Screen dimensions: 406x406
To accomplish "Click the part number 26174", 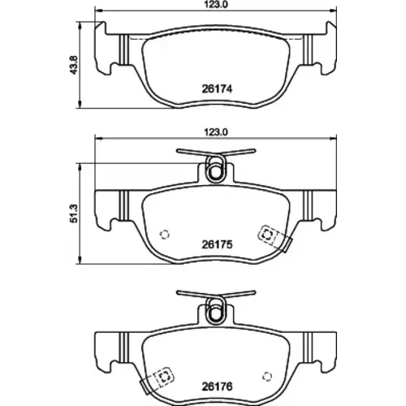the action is click(217, 89).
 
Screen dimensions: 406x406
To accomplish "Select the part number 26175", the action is click(217, 244).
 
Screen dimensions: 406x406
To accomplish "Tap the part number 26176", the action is click(217, 387).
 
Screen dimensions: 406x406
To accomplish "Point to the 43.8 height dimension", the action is click(74, 65).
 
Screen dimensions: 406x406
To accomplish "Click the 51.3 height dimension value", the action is click(74, 214).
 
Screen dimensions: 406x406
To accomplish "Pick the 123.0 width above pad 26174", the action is click(215, 5).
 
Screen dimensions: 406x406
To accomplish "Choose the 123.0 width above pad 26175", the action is click(215, 132).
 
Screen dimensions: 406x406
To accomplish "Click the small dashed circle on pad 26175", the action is click(165, 235).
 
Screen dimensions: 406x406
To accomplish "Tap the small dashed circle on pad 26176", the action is click(267, 376).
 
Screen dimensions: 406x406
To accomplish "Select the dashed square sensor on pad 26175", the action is click(268, 235).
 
